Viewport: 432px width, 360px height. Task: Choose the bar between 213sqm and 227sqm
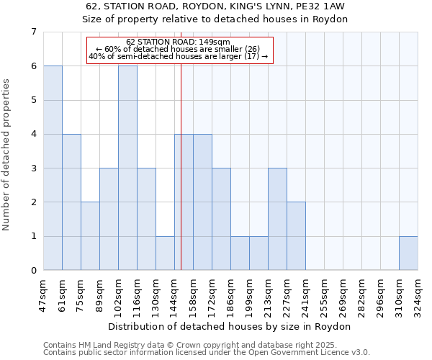[277, 219]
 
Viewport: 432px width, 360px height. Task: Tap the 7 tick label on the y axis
[33, 32]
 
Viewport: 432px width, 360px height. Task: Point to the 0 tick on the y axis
[33, 271]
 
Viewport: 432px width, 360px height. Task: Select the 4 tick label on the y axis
[33, 134]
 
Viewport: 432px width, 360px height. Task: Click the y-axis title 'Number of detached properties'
[7, 155]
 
